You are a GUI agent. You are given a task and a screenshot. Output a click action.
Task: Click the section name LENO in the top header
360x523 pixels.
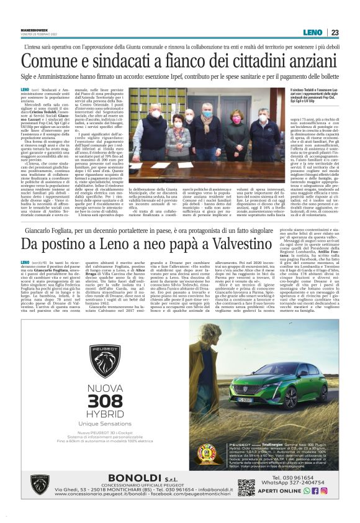pyautogui.click(x=312, y=32)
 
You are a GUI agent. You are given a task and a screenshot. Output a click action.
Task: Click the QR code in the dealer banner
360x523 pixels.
pyautogui.click(x=246, y=487)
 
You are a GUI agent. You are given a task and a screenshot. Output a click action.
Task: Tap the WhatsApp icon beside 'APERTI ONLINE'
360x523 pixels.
pyautogui.click(x=307, y=490)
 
